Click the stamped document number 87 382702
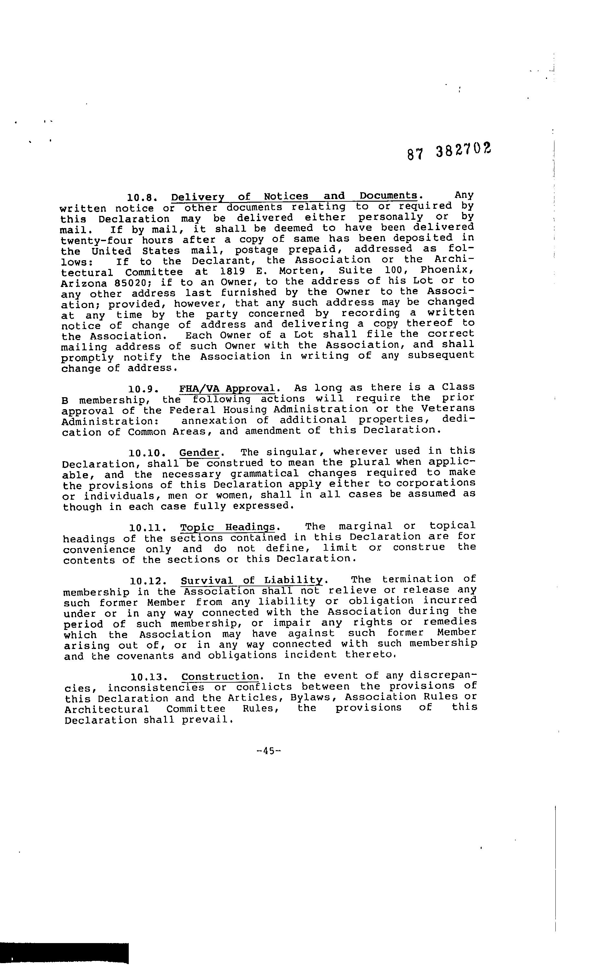point(449,150)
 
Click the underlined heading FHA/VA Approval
point(227,388)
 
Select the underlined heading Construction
point(220,676)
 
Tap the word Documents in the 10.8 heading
point(388,196)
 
